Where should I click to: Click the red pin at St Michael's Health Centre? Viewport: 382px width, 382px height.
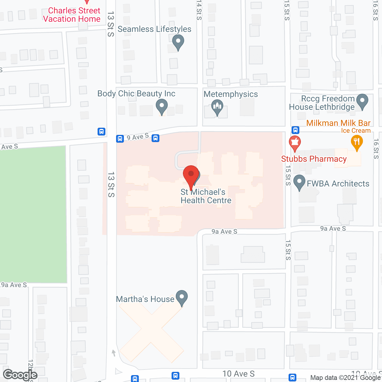pyautogui.click(x=191, y=175)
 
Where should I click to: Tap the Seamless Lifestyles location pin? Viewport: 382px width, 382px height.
pyautogui.click(x=178, y=41)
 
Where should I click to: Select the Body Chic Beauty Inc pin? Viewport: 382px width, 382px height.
pyautogui.click(x=162, y=106)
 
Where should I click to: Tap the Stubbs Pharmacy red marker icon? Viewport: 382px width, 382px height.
pyautogui.click(x=295, y=143)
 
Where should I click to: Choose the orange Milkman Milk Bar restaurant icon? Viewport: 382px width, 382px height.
pyautogui.click(x=357, y=142)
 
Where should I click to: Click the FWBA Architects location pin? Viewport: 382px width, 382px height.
pyautogui.click(x=299, y=182)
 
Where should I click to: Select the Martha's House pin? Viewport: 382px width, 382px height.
pyautogui.click(x=182, y=298)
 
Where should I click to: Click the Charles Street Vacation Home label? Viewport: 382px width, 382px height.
pyautogui.click(x=72, y=15)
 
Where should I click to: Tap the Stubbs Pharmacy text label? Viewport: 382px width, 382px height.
pyautogui.click(x=314, y=159)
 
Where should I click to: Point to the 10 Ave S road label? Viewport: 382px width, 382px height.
pyautogui.click(x=238, y=374)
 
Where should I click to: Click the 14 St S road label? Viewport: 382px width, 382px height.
pyautogui.click(x=199, y=10)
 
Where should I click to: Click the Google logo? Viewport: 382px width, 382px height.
pyautogui.click(x=20, y=375)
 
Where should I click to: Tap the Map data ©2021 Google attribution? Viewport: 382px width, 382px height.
pyautogui.click(x=346, y=378)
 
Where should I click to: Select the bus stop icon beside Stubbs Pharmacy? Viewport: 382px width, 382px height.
pyautogui.click(x=295, y=130)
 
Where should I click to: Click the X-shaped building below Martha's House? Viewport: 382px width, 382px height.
pyautogui.click(x=152, y=328)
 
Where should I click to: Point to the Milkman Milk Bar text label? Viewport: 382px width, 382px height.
pyautogui.click(x=338, y=123)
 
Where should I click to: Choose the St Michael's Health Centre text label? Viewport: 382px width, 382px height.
pyautogui.click(x=206, y=196)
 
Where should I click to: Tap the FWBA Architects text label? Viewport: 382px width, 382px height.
pyautogui.click(x=338, y=184)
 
